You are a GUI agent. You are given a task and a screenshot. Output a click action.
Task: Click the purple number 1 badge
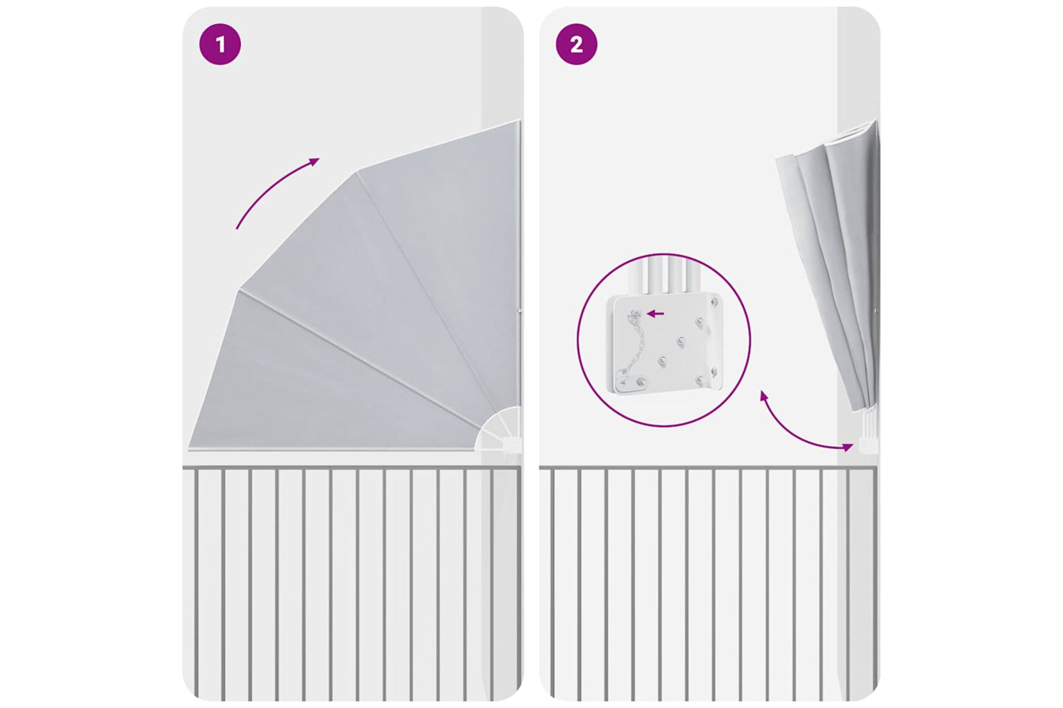220,45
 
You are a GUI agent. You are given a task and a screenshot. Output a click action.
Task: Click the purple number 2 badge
577,45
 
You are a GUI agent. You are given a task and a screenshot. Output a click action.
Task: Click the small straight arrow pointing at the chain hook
656,314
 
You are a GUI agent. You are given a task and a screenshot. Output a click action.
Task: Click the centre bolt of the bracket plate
681,341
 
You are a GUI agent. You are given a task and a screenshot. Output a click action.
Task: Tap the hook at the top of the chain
635,314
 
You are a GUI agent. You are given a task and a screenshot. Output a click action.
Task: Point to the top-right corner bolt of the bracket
714,302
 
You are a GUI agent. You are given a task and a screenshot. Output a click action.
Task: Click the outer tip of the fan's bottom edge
189,447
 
